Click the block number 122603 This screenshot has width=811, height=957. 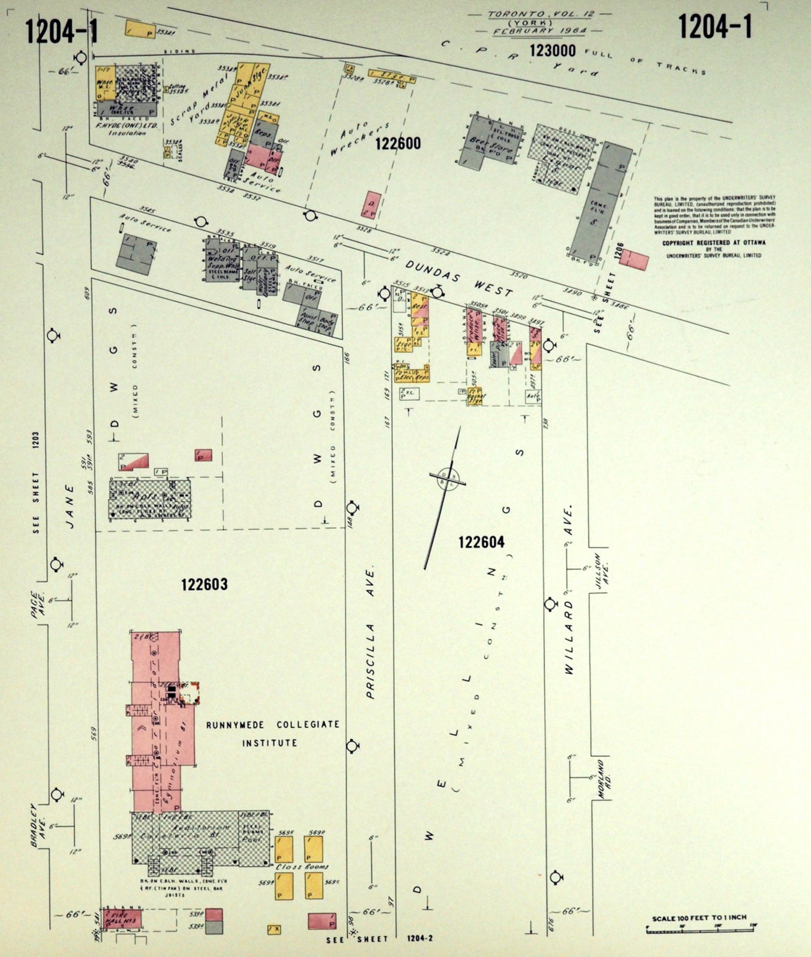coord(204,584)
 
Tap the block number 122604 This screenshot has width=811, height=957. coord(481,542)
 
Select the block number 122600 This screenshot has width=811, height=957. coord(398,143)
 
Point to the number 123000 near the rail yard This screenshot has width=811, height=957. coord(552,51)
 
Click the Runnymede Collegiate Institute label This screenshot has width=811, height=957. coord(272,733)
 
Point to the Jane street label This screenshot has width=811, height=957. coord(70,507)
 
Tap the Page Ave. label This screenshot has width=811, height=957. coord(38,604)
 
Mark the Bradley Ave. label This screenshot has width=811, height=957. coord(38,825)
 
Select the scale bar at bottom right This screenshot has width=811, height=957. coord(701,930)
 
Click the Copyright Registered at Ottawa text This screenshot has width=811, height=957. coord(713,243)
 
